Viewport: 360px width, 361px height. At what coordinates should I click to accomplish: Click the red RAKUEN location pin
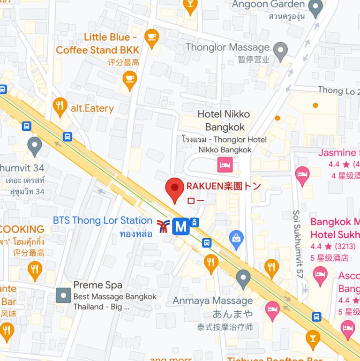coord(175,189)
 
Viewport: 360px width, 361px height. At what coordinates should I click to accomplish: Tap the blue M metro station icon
coord(180,227)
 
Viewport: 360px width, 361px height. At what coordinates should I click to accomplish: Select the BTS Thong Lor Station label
coord(103,220)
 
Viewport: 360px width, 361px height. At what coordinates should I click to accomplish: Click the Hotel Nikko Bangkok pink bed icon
coord(225,164)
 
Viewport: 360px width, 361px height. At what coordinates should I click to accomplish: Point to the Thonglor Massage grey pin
coord(280,51)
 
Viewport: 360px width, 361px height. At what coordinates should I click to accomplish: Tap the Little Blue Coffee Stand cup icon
coord(151,37)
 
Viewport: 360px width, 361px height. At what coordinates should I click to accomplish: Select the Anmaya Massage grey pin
coord(243,279)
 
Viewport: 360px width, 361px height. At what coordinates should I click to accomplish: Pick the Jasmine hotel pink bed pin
coord(302,175)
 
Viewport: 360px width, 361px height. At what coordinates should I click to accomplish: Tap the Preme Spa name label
coord(98,285)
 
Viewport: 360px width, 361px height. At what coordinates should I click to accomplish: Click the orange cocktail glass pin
coord(312,338)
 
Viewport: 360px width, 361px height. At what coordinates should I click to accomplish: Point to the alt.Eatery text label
coord(92,108)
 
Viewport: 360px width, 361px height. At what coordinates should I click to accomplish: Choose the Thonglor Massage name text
coord(227,47)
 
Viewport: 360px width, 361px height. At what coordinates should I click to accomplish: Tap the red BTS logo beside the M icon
coord(163,227)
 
